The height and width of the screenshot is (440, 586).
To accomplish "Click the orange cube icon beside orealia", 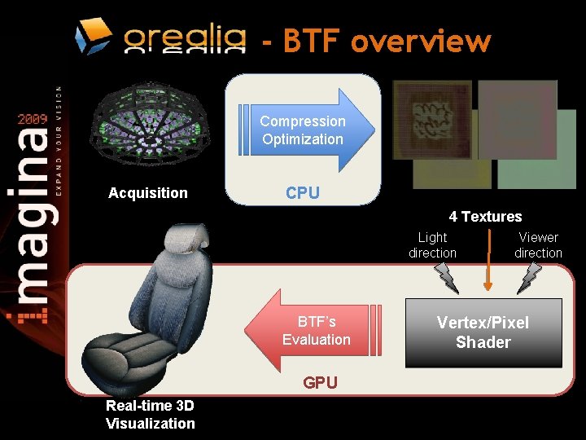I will point(93,36).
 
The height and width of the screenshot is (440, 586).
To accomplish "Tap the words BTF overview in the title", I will point(387,41).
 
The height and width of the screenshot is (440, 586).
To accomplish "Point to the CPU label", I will point(302,193).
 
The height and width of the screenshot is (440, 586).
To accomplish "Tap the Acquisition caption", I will point(148,193).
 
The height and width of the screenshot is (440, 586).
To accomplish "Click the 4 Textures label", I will point(485,217).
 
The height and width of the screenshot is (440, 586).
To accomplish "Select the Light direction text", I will point(432,245).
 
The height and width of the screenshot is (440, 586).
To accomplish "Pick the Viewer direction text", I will point(538,245).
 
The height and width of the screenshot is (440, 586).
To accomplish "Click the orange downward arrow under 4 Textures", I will point(488,261).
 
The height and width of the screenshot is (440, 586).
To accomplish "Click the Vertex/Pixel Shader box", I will point(483,332).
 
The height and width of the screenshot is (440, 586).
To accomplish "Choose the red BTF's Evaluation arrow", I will point(314,331).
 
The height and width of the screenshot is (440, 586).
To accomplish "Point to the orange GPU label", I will point(320,382).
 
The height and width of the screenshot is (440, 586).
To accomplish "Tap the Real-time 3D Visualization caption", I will point(151,415).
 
